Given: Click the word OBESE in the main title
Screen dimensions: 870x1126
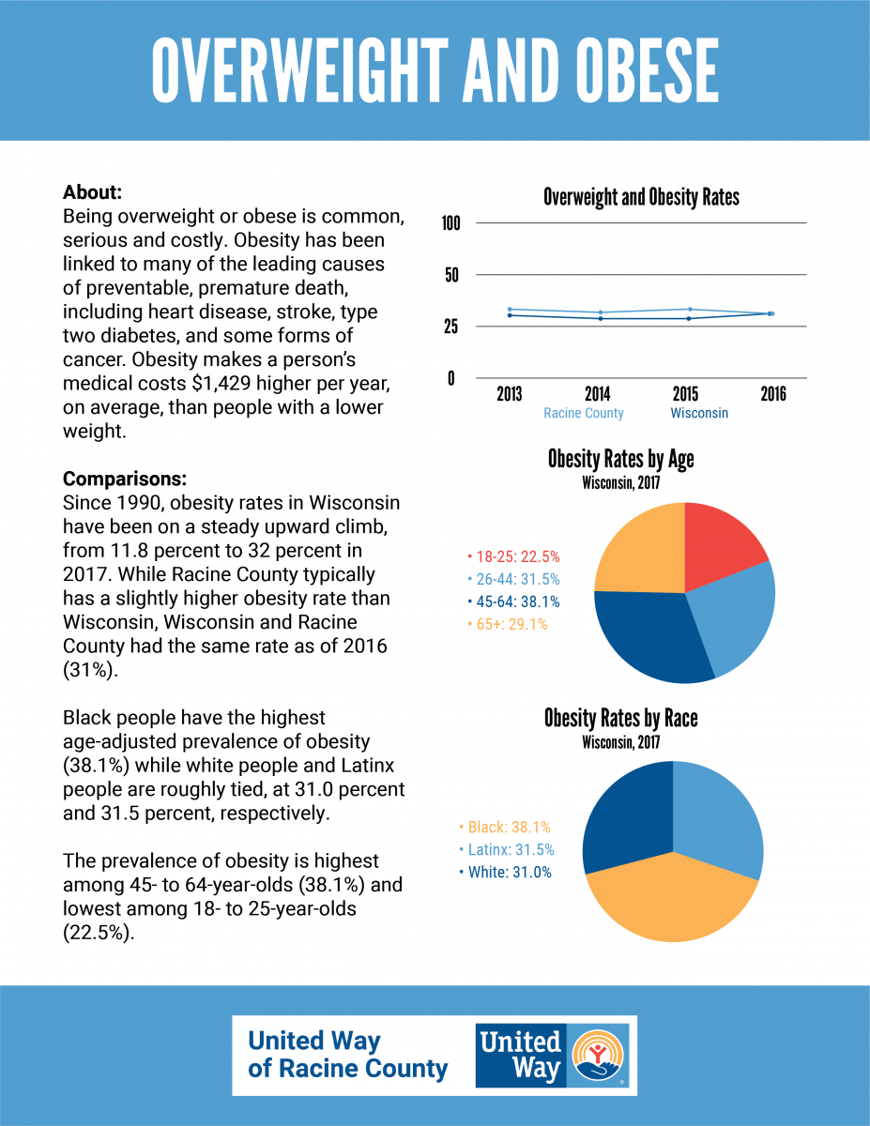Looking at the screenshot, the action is [648, 70].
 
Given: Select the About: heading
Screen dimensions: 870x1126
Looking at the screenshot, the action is [92, 192].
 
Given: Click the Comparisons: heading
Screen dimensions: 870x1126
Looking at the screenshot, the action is [125, 479].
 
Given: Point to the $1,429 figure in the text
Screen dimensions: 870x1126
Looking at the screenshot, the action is [221, 384].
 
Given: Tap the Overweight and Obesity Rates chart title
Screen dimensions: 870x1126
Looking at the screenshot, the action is [641, 197].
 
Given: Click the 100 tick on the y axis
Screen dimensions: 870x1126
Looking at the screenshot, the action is [450, 223].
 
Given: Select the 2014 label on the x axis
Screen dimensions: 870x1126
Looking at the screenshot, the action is [598, 394].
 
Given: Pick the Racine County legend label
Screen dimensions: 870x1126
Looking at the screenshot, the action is [584, 413].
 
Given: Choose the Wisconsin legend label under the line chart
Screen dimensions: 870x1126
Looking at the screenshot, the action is [699, 413].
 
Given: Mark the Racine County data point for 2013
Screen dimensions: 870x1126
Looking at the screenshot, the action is [510, 310].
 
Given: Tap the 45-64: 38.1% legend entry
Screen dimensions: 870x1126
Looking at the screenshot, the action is [513, 601].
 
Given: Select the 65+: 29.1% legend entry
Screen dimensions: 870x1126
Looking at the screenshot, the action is [508, 624].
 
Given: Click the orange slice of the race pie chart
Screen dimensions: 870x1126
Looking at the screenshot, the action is [672, 899].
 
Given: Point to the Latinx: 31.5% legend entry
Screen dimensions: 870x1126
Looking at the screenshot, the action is [507, 850].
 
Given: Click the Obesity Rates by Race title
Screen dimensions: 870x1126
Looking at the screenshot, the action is [620, 719].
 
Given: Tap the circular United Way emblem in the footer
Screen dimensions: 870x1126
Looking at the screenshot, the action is [598, 1055].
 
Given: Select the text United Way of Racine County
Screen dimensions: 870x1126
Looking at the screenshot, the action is [347, 1055].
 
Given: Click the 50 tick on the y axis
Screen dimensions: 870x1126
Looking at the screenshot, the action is [451, 275].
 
